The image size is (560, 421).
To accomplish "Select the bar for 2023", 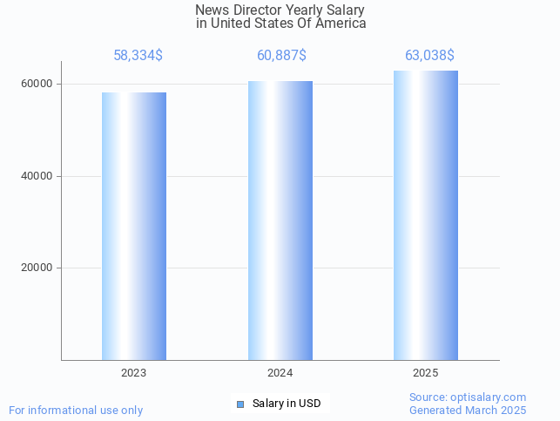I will coord(134,226).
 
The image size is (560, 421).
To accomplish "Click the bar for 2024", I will coord(280,221).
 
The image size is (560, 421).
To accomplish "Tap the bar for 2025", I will coord(426,215).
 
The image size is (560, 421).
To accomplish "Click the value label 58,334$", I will coord(138,56).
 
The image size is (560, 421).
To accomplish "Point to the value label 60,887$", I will coord(281,56).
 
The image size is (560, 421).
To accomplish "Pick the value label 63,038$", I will coord(429,56).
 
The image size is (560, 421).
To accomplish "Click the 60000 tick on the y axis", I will coord(36,84).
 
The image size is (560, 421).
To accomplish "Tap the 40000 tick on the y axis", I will coord(36,176).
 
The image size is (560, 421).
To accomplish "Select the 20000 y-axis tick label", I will coord(36,268).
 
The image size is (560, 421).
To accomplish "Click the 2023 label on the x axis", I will coord(134,373).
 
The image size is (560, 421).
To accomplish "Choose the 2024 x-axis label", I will coord(280,373).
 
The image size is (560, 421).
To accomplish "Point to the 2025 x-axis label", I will coord(426,373).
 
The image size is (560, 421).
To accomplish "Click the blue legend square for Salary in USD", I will coord(240,404).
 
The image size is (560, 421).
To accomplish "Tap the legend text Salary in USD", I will coord(287,404).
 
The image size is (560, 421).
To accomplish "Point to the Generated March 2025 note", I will coord(468,411).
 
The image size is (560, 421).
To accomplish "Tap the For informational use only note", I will coord(76,411).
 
